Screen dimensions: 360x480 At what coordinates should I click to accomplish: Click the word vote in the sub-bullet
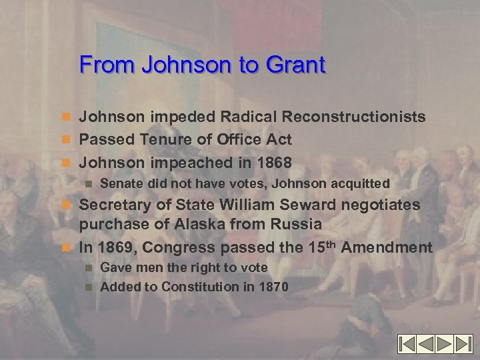point(253,267)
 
